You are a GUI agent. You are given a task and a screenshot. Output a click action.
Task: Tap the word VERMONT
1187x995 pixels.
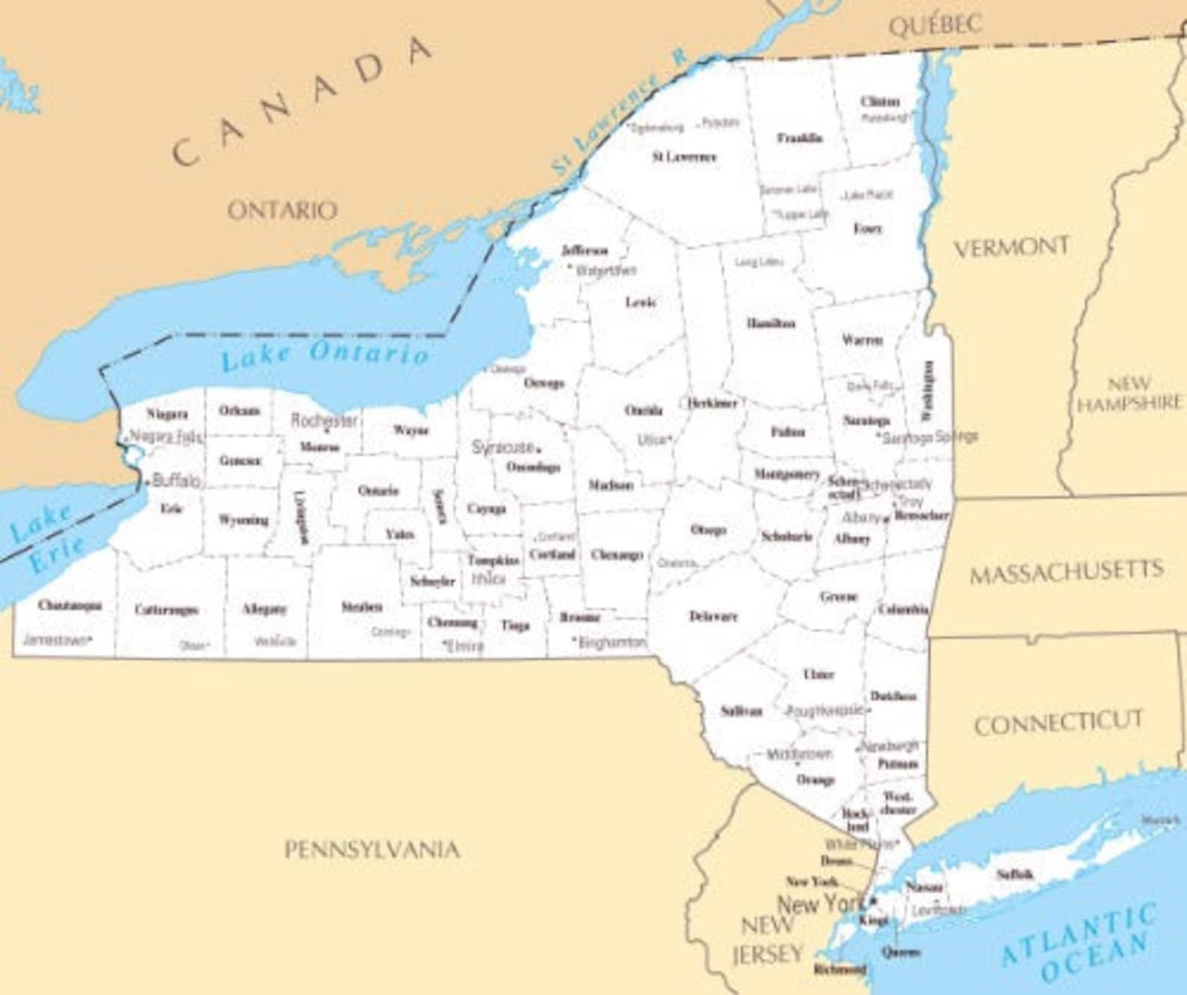click(x=1011, y=247)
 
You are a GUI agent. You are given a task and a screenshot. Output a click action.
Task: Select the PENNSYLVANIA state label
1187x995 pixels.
click(x=371, y=850)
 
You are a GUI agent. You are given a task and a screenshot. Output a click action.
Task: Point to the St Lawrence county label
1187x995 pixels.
click(x=684, y=157)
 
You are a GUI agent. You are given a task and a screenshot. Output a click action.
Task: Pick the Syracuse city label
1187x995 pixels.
click(x=503, y=447)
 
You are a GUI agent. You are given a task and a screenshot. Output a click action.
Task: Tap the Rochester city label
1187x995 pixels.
click(x=324, y=420)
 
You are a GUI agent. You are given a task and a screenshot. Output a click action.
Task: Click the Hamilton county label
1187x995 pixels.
click(x=771, y=324)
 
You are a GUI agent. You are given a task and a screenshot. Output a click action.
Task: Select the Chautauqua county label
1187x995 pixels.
click(x=70, y=605)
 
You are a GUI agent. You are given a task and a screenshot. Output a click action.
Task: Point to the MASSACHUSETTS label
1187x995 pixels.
click(x=1067, y=573)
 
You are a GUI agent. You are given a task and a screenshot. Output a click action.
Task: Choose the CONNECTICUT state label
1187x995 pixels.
click(x=1058, y=722)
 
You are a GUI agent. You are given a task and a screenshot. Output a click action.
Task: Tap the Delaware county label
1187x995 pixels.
click(x=713, y=617)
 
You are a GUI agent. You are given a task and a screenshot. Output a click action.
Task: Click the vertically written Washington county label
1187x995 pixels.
click(x=928, y=390)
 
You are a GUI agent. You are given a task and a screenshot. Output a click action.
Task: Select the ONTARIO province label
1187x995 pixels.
click(x=282, y=210)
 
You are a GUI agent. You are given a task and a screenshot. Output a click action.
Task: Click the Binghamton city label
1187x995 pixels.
click(x=611, y=642)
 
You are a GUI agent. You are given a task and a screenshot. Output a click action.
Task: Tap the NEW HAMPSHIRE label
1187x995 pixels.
click(x=1129, y=394)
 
